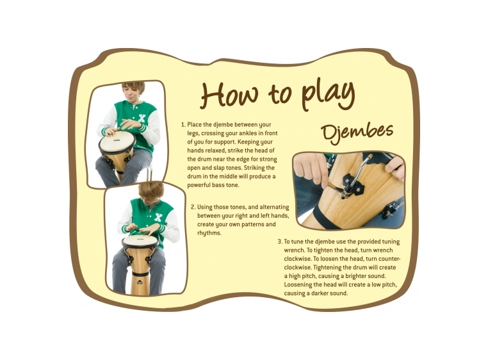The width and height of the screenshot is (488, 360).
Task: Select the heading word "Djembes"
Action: [x=357, y=132]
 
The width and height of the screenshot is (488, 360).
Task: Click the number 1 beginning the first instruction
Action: [x=183, y=124]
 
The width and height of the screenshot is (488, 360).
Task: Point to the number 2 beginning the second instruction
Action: [x=193, y=207]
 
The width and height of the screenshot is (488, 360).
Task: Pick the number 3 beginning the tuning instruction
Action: [x=279, y=241]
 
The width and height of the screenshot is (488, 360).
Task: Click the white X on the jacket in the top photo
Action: [x=142, y=119]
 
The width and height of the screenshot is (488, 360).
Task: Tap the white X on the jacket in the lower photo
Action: [x=158, y=217]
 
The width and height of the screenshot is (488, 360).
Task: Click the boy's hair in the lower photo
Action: [x=151, y=191]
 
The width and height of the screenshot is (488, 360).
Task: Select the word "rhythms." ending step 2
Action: [x=209, y=233]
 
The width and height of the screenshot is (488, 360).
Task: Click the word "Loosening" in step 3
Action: [x=298, y=285]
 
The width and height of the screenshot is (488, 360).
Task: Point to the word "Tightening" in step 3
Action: [x=328, y=268]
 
